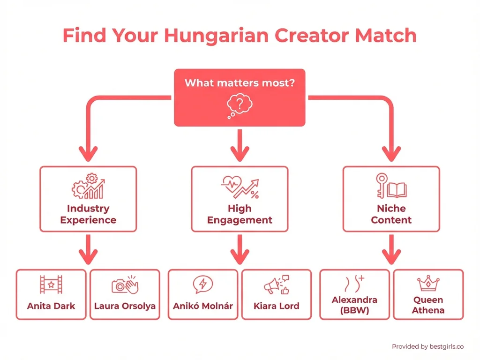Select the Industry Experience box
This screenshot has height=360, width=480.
pos(88,199)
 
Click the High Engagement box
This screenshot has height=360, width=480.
pos(240,199)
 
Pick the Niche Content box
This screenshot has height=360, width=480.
pos(391,199)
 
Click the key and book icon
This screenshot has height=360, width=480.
pos(391,185)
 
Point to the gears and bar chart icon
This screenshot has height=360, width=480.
pos(88,186)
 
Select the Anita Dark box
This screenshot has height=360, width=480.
pos(51,294)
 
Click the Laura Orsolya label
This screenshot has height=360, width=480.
pos(125,306)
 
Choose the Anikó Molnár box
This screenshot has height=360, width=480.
pos(203,294)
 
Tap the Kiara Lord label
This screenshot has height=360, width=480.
pos(277,306)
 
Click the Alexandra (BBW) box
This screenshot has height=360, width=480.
pos(354,294)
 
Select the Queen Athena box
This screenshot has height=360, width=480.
pos(428,294)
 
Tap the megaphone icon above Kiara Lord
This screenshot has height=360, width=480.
pos(277,285)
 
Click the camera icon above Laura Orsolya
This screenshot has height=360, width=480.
pos(125,285)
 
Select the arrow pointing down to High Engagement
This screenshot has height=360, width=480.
pos(240,145)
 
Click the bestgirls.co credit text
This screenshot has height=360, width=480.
pos(427,346)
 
